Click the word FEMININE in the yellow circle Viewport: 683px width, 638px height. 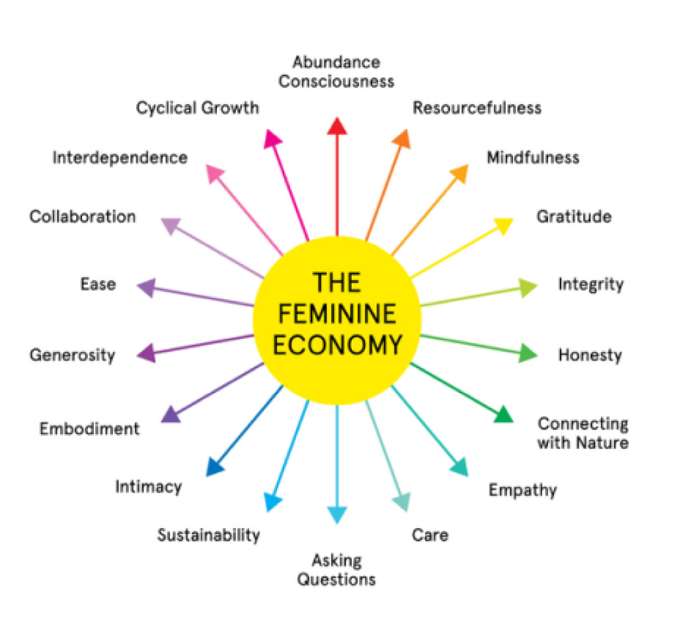pos(337,313)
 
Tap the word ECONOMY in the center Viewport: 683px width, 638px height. pos(337,345)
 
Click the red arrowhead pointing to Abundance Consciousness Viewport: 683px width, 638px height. pos(337,126)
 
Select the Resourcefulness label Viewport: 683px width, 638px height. pos(477,107)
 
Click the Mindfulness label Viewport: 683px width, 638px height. pos(532,158)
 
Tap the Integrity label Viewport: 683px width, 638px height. pos(590,285)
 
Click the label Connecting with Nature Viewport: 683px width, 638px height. pos(583,433)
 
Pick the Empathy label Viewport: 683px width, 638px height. pos(522,490)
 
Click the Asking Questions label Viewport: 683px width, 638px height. pos(337,570)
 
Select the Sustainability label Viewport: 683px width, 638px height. pos(208,535)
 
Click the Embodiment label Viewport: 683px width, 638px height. pos(89,428)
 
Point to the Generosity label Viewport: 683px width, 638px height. pos(72,355)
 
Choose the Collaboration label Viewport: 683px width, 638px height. pos(83,216)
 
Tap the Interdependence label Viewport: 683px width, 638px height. pos(120,158)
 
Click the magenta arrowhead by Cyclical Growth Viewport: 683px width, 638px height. pos(273,138)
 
